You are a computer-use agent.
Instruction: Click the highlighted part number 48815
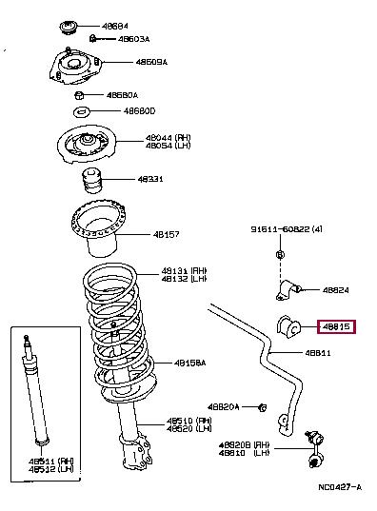click(338, 326)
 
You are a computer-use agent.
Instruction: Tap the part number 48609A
click(150, 62)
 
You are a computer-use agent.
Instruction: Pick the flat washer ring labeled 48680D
click(81, 112)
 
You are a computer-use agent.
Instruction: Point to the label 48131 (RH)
click(185, 270)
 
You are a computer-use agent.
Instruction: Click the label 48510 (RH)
click(186, 419)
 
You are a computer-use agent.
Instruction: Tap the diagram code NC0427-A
click(338, 487)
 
